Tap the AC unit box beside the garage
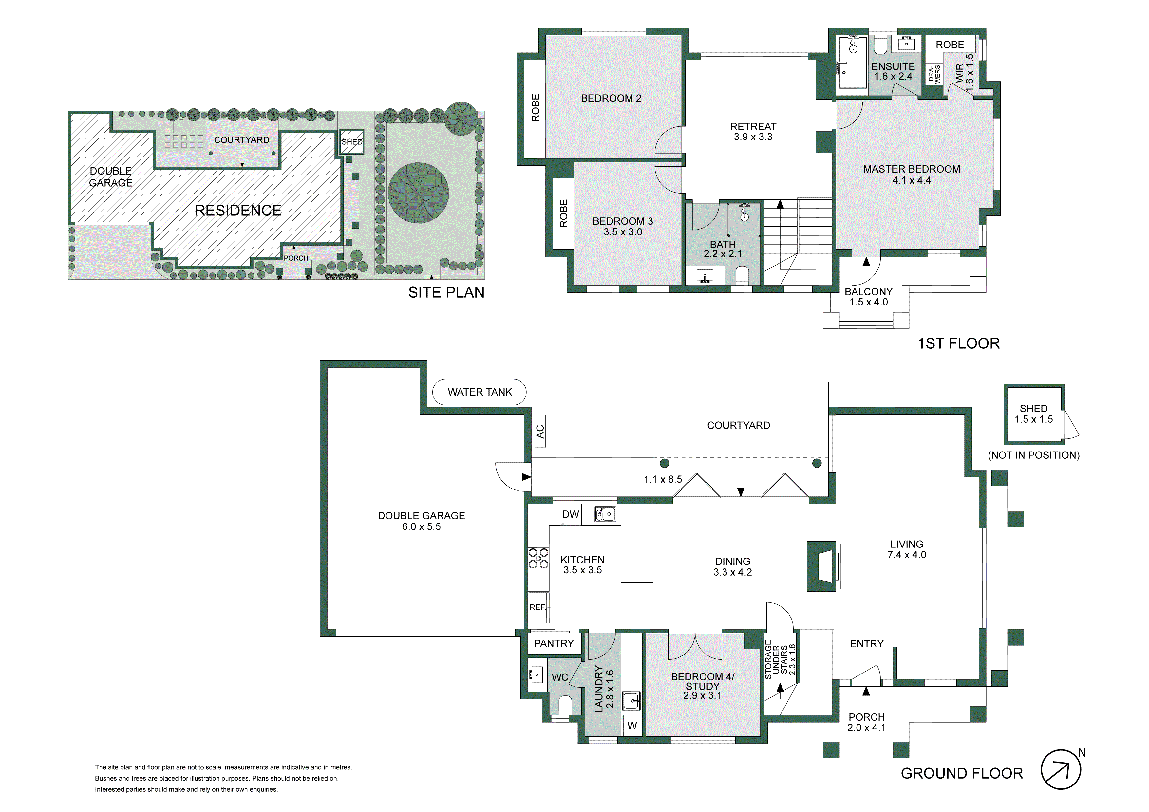tap(540, 431)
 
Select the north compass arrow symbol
tap(1061, 769)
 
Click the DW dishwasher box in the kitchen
tap(571, 514)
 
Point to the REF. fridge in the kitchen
tap(538, 607)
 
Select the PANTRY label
tap(554, 643)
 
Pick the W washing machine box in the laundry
tap(632, 726)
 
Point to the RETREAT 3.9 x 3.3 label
tap(753, 132)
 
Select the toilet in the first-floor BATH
tap(742, 275)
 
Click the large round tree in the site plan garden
tap(418, 193)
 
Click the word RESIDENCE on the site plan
tap(238, 210)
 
